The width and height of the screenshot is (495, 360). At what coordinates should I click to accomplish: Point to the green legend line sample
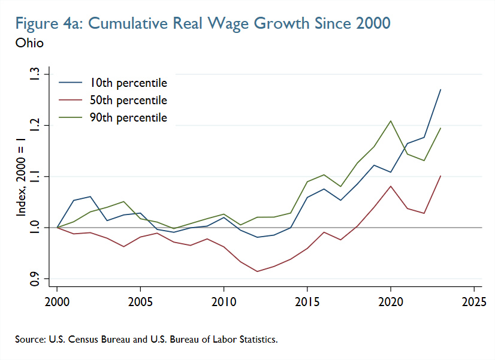tap(70, 117)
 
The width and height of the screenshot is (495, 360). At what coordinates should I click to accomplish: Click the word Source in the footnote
tap(29, 340)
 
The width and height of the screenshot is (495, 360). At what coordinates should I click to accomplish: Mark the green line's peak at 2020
tap(391, 121)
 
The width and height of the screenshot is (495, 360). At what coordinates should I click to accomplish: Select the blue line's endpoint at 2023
tap(440, 90)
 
